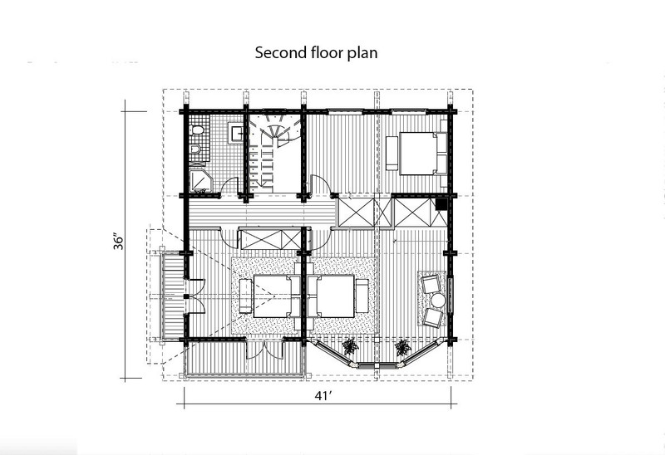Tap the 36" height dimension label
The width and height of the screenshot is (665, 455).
click(x=119, y=241)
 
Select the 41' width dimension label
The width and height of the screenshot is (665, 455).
click(x=323, y=396)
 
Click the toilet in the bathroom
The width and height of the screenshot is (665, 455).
click(x=197, y=130)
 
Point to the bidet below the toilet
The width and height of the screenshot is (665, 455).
click(x=195, y=149)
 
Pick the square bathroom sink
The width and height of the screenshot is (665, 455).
click(x=236, y=134)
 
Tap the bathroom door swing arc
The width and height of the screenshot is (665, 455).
click(x=229, y=184)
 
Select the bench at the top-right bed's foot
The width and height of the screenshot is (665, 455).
click(x=392, y=153)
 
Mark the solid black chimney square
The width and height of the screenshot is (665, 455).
click(x=441, y=204)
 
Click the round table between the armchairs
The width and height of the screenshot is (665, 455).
click(x=438, y=301)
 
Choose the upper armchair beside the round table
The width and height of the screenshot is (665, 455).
click(x=431, y=283)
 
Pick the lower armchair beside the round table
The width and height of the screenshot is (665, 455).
click(x=433, y=317)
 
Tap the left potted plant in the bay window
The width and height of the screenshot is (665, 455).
click(x=351, y=346)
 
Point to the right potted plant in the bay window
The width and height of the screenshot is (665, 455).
click(x=402, y=347)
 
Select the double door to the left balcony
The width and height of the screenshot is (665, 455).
click(x=195, y=296)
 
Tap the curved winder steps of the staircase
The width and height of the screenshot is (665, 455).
click(x=275, y=128)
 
